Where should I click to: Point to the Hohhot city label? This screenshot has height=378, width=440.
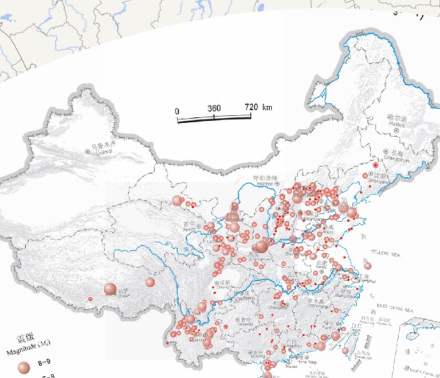click(x=265, y=181)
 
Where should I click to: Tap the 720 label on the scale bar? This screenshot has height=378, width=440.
click(x=251, y=108)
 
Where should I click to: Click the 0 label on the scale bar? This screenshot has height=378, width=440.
click(x=177, y=111)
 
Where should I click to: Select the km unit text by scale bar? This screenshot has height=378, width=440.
click(x=268, y=108)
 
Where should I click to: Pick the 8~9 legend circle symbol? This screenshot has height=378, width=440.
click(x=23, y=367)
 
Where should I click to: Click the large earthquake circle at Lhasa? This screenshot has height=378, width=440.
click(x=110, y=289)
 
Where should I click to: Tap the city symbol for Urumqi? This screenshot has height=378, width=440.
click(x=88, y=152)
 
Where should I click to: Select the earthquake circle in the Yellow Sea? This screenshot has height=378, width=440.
click(x=367, y=266)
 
